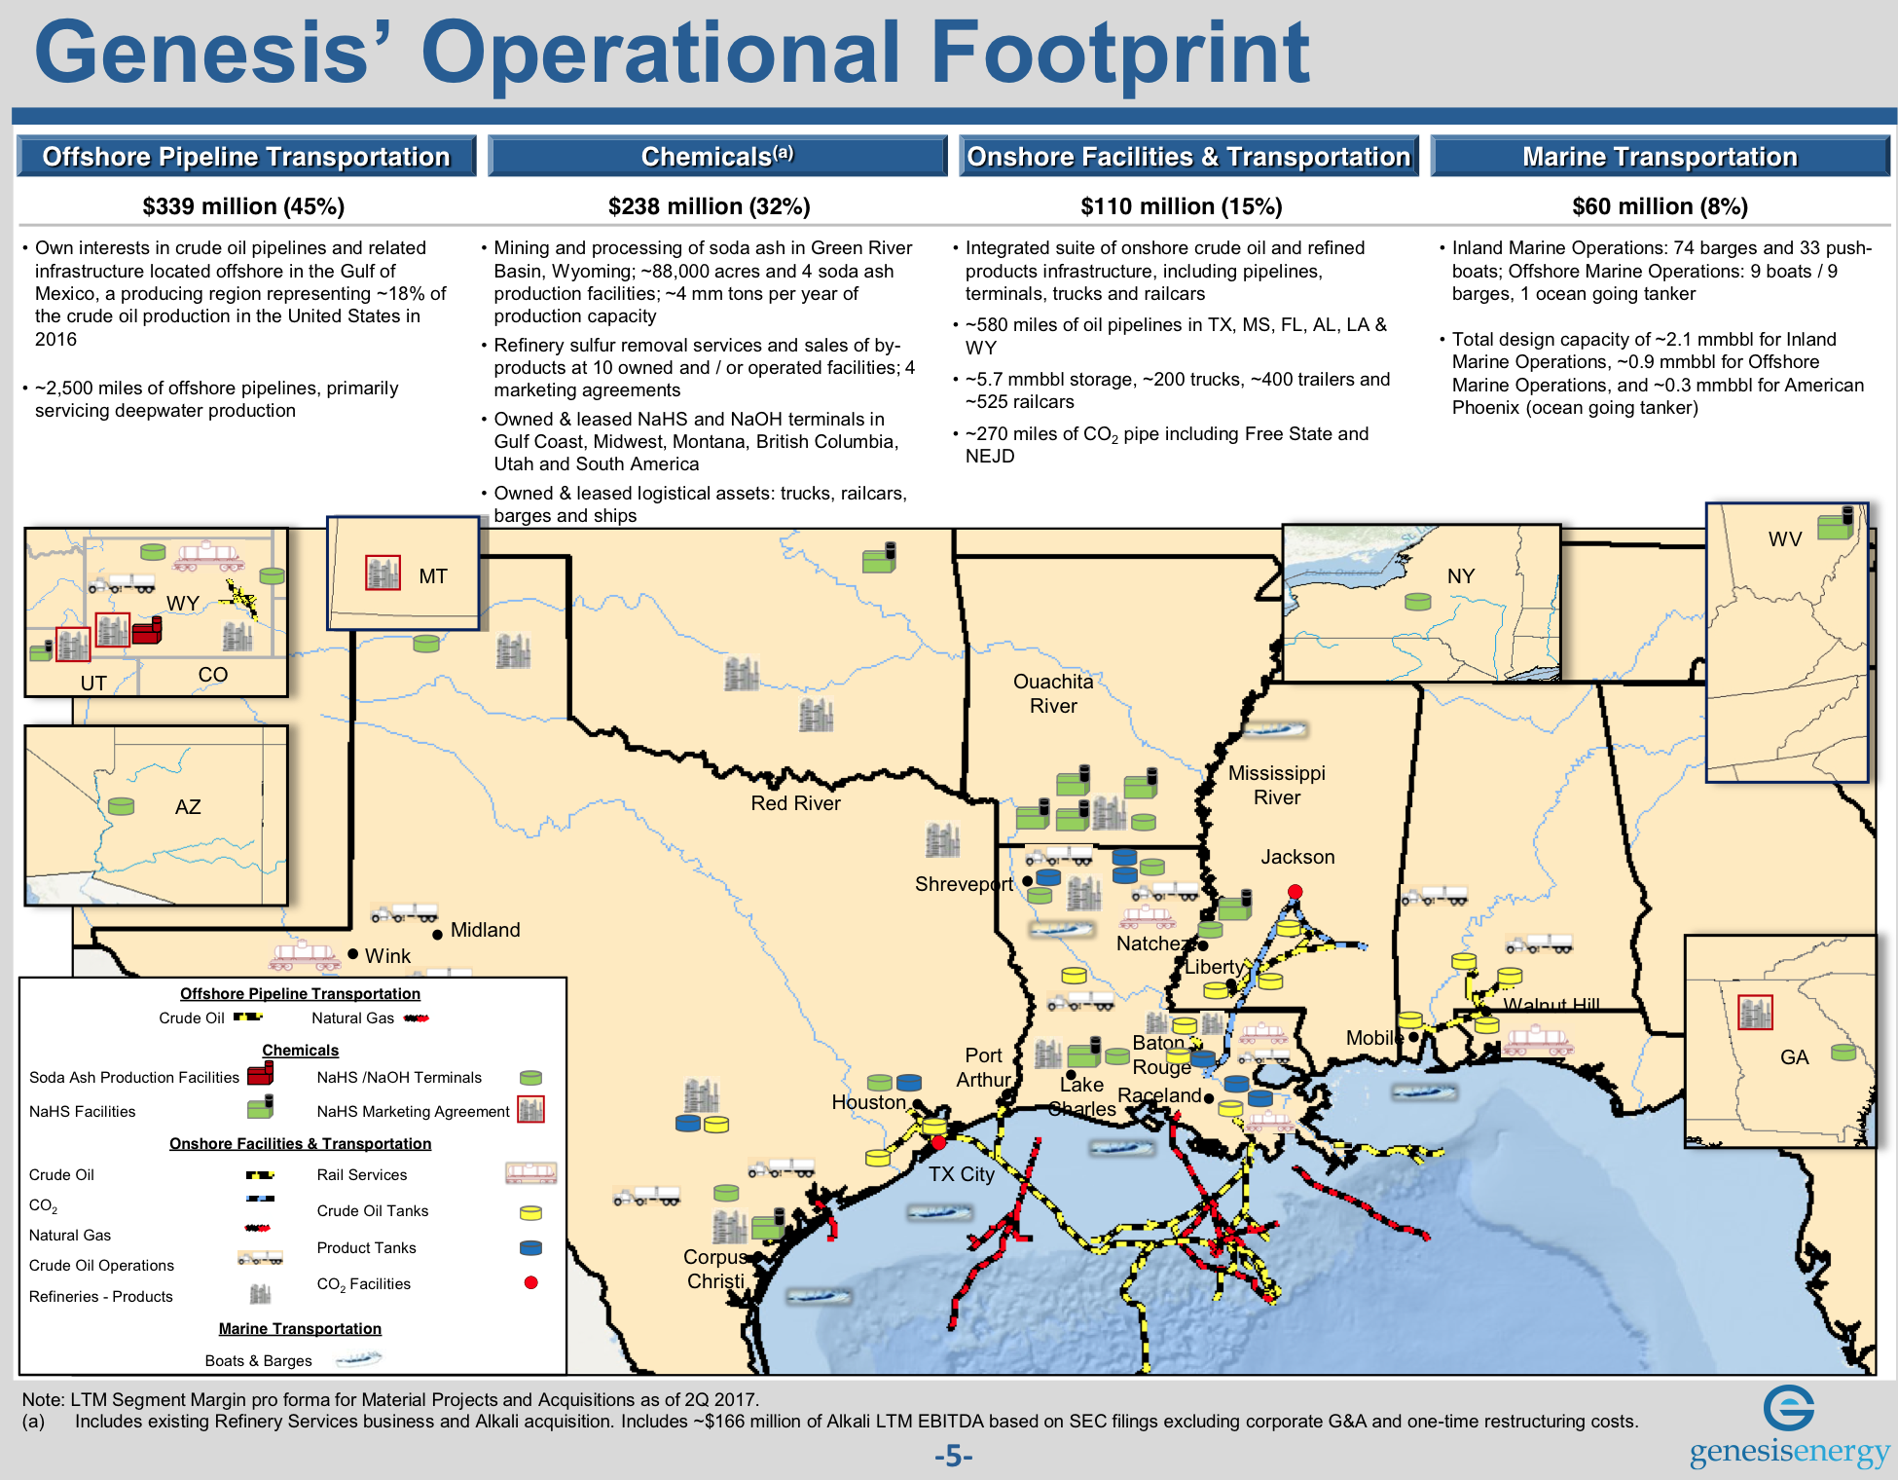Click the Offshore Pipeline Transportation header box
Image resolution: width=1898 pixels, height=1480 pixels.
click(x=246, y=157)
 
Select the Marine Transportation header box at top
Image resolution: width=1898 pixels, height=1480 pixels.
click(x=1660, y=157)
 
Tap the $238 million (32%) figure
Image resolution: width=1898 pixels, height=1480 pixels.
click(x=709, y=206)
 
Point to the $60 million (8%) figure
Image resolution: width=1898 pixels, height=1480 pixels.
click(x=1660, y=206)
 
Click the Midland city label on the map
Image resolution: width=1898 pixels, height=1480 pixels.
click(x=485, y=930)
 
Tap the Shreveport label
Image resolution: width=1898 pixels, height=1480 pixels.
click(x=963, y=884)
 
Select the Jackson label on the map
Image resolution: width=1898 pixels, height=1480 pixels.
click(x=1297, y=857)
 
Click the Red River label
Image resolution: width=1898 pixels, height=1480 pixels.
click(x=795, y=803)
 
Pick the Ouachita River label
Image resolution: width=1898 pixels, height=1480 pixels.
click(x=1053, y=693)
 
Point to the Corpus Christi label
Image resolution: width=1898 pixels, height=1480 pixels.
click(x=715, y=1269)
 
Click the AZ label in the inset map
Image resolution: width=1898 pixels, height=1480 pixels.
click(x=188, y=807)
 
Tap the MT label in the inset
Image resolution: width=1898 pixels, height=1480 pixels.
click(x=433, y=576)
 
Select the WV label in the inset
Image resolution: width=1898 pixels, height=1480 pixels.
click(x=1784, y=539)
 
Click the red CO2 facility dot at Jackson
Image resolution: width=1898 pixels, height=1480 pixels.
click(x=1295, y=892)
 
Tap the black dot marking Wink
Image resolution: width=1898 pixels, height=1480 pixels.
click(x=353, y=955)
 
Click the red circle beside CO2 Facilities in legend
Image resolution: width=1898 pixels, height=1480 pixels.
click(x=530, y=1282)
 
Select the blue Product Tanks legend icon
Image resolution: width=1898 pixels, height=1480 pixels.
click(x=530, y=1247)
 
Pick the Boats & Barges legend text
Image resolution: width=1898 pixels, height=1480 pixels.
click(x=258, y=1360)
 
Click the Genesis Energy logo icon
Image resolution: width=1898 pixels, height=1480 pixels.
click(x=1788, y=1408)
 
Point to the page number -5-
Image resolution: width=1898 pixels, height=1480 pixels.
click(x=953, y=1457)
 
